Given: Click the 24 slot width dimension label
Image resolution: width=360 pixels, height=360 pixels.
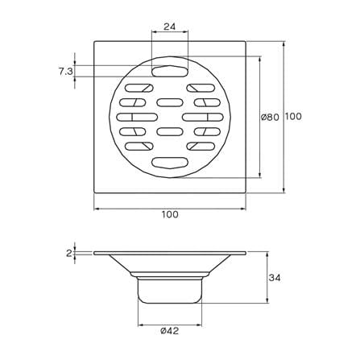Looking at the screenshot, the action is pyautogui.click(x=169, y=27).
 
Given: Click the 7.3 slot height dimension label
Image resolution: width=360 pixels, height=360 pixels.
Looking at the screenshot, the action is pyautogui.click(x=65, y=72).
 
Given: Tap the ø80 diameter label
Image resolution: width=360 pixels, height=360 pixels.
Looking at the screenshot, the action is pyautogui.click(x=271, y=117).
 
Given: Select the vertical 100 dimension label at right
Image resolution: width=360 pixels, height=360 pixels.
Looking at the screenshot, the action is pyautogui.click(x=293, y=117).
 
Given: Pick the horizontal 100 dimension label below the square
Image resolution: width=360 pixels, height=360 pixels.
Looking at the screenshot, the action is pyautogui.click(x=170, y=214).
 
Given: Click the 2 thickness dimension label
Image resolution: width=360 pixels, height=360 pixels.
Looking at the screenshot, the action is pyautogui.click(x=69, y=253).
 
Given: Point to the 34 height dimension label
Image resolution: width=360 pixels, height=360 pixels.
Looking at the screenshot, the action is pyautogui.click(x=275, y=278).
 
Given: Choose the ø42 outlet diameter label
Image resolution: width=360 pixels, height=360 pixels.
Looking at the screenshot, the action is pyautogui.click(x=170, y=331).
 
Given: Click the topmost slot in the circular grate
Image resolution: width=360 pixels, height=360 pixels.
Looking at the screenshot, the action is pyautogui.click(x=170, y=72).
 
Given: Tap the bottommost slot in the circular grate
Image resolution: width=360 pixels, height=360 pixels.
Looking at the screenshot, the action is pyautogui.click(x=170, y=163).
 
